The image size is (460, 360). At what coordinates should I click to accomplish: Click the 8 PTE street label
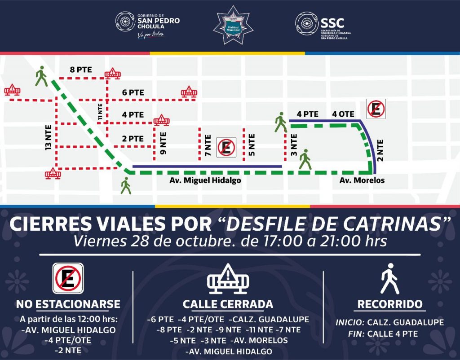81,70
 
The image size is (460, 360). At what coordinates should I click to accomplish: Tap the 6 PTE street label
133,92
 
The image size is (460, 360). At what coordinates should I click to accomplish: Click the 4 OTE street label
343,114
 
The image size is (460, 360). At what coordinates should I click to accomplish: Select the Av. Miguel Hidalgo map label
205,180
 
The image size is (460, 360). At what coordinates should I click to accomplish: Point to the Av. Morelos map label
362,180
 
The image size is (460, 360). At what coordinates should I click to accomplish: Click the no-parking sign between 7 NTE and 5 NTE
226,147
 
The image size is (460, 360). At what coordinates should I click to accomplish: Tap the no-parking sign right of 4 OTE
376,109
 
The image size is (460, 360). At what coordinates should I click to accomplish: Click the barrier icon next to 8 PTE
112,73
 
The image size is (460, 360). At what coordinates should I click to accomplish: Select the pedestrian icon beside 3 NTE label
306,159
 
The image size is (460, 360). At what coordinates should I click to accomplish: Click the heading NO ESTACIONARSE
68,304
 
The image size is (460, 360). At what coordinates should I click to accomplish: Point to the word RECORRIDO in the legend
390,304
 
